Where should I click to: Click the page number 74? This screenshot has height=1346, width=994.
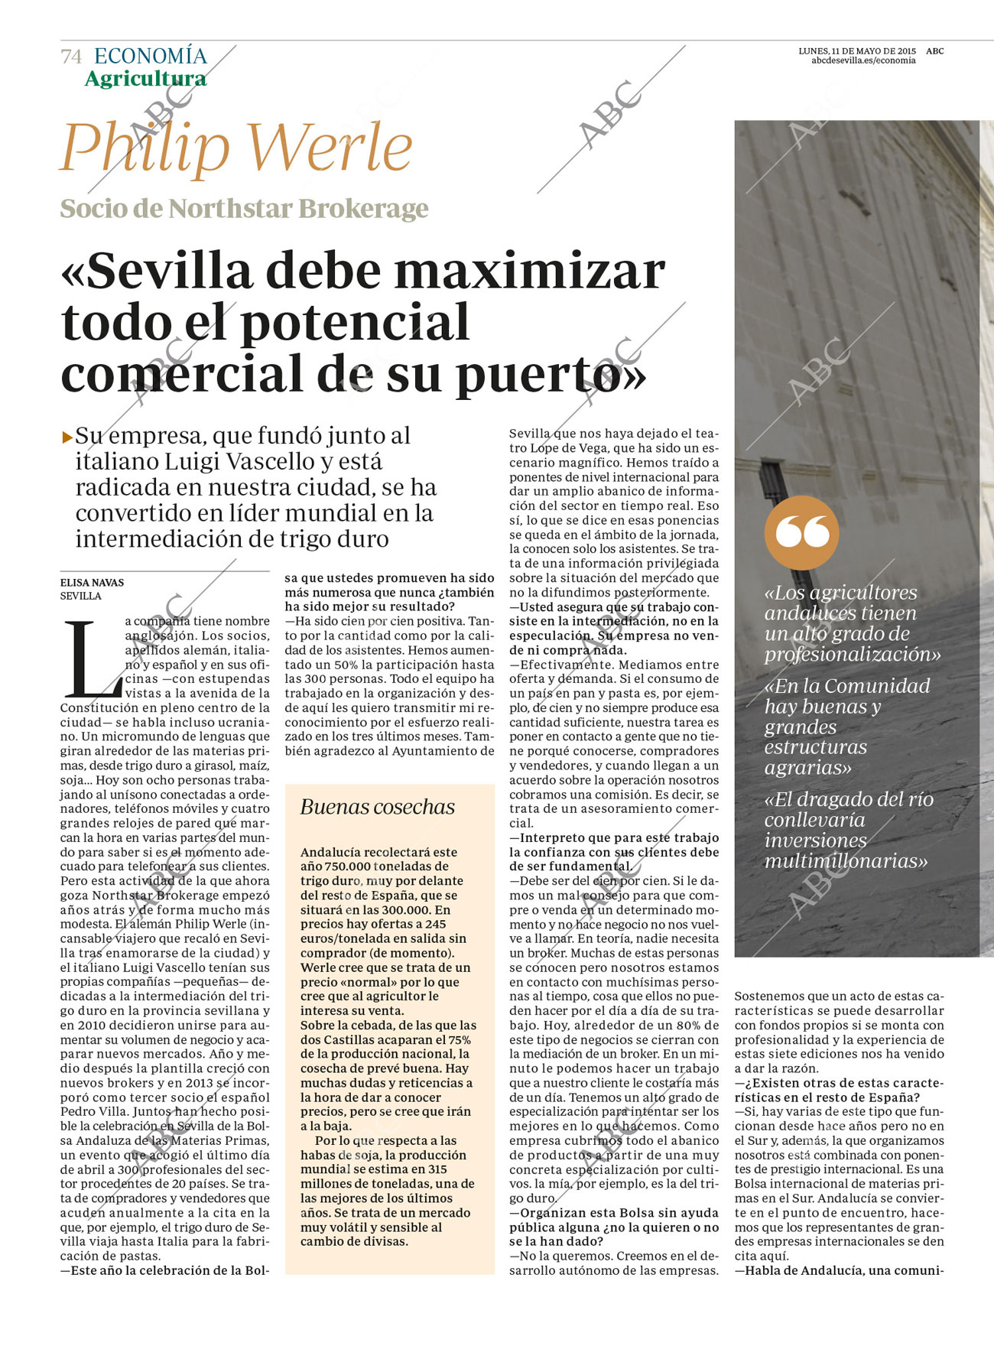(71, 57)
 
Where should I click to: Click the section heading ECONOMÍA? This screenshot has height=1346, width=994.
(151, 56)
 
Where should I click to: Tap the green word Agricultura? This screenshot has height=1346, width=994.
(145, 79)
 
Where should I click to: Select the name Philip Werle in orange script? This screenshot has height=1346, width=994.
(236, 147)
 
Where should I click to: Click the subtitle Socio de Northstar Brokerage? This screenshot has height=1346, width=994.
(244, 208)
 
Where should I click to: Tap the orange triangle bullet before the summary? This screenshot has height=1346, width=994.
(67, 437)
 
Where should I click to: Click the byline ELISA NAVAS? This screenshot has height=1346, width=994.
(92, 583)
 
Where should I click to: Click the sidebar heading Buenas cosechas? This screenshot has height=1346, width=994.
(377, 807)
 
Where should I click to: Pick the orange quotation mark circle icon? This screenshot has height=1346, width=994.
(801, 532)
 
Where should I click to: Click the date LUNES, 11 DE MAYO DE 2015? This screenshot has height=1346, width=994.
(856, 51)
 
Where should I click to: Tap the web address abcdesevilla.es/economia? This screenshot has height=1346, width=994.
(862, 60)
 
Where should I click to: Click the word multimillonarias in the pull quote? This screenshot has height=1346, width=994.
(846, 861)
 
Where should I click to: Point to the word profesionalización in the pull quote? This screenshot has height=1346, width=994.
(852, 655)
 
